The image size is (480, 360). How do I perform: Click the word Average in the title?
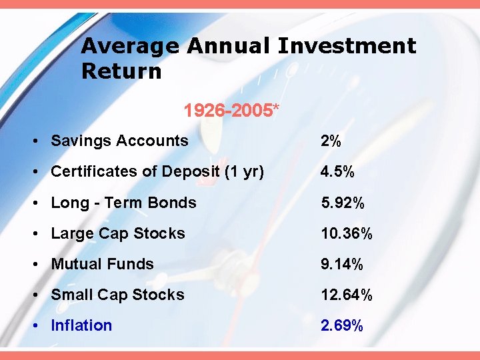click(x=130, y=47)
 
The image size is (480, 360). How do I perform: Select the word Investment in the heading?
click(x=347, y=47)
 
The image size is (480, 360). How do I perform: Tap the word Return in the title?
click(x=121, y=71)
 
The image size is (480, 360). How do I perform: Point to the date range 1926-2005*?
click(x=231, y=109)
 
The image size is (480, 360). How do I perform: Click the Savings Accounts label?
click(x=119, y=141)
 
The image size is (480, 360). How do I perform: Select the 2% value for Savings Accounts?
click(x=331, y=141)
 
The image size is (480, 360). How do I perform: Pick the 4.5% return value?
click(x=337, y=171)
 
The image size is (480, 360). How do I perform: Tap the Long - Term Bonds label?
click(x=123, y=203)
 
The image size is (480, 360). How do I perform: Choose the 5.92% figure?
click(x=342, y=203)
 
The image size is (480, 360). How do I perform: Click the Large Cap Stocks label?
click(x=118, y=233)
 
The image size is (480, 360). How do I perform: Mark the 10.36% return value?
click(x=346, y=233)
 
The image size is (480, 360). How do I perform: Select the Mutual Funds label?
click(x=102, y=264)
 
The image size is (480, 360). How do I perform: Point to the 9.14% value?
click(x=342, y=264)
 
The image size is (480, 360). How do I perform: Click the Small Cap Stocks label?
click(x=117, y=295)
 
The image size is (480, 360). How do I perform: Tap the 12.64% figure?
click(x=346, y=295)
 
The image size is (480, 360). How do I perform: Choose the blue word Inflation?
click(x=81, y=325)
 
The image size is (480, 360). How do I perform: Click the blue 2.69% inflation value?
click(x=342, y=325)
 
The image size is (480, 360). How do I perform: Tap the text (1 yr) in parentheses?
click(x=244, y=171)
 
